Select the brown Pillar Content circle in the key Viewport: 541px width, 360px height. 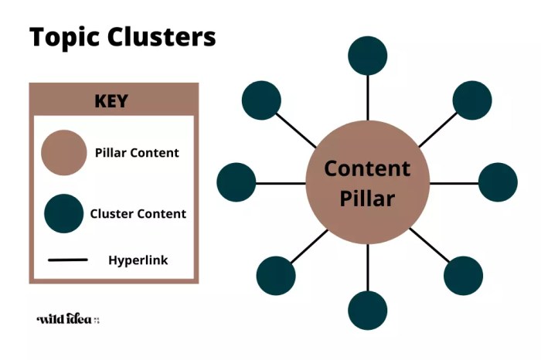[x=63, y=152]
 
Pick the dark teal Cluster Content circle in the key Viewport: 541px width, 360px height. [x=63, y=213]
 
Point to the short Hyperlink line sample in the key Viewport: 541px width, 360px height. [x=67, y=260]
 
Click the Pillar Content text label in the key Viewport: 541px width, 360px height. [x=137, y=153]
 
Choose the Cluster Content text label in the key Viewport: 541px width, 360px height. [x=138, y=214]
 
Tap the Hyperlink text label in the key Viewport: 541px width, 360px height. [x=138, y=260]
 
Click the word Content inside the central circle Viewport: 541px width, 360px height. [x=367, y=168]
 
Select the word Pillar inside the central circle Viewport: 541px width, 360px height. [x=367, y=199]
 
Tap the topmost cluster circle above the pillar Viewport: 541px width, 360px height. [x=367, y=53]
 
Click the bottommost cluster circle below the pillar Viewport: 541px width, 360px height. [x=367, y=311]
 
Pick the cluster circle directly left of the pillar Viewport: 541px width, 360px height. [x=236, y=182]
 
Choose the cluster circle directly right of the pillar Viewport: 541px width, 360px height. [x=498, y=182]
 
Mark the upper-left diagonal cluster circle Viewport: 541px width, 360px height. [x=261, y=100]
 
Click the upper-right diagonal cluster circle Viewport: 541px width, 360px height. [x=472, y=100]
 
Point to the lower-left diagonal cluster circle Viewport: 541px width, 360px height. [x=276, y=275]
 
